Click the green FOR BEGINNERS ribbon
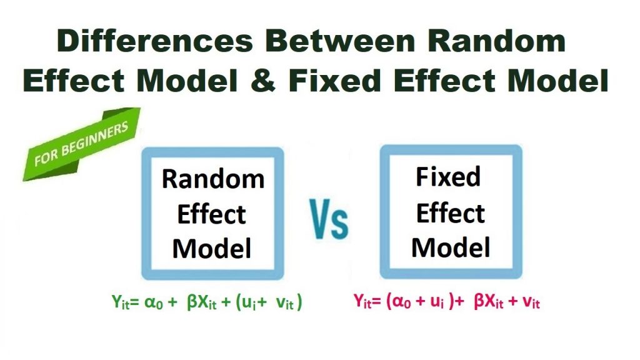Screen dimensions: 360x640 coord(81,144)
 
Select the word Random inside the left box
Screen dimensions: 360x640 coord(212,179)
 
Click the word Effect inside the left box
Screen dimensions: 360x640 coord(212,214)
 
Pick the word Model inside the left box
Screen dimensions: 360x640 coord(212,249)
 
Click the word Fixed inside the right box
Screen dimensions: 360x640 coord(449,177)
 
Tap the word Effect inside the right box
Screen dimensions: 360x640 coord(450,214)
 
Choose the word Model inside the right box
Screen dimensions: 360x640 coord(450,248)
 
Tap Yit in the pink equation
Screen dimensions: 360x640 coord(365,303)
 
